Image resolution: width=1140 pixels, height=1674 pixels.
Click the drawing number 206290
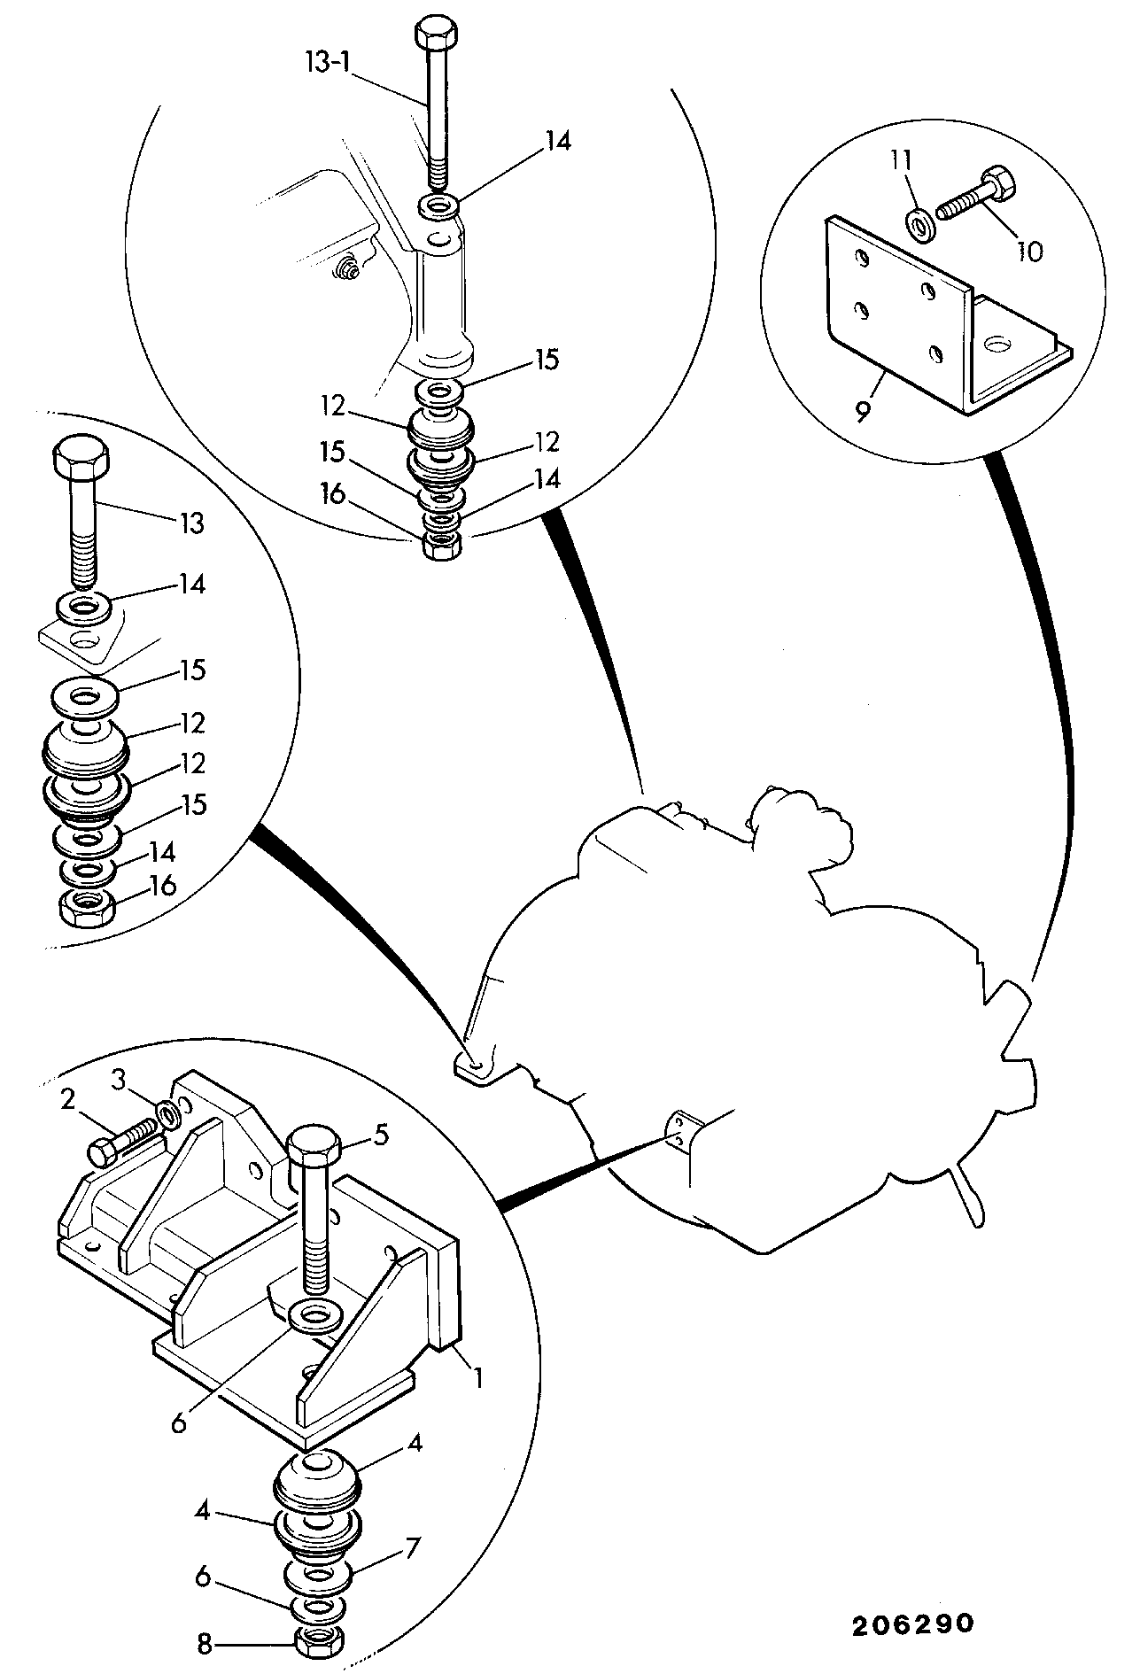point(914,1624)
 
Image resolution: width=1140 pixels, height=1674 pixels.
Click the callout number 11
point(902,160)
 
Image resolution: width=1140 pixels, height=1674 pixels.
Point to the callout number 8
point(205,1645)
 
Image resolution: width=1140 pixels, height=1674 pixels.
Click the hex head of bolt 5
point(314,1149)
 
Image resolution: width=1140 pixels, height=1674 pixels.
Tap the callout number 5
point(381,1135)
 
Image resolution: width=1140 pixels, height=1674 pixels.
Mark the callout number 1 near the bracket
point(477,1378)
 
